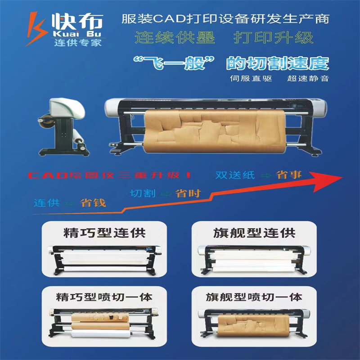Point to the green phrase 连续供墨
pos(175,37)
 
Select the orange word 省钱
pos(93,203)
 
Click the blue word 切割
pos(143,193)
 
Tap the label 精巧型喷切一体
pos(104,297)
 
